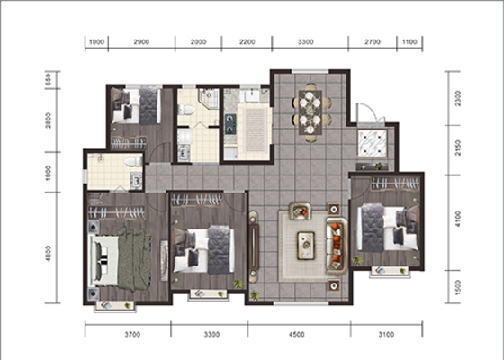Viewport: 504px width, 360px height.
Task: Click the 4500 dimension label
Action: (296, 335)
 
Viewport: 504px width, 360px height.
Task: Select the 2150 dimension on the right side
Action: (458, 148)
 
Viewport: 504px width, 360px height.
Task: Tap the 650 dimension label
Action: (49, 79)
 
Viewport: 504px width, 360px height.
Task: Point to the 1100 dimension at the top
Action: (409, 41)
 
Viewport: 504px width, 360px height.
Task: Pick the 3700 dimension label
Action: (132, 335)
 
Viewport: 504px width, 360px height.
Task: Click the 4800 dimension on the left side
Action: (49, 253)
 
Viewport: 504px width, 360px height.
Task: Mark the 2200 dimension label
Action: (247, 41)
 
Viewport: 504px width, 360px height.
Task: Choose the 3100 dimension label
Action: (386, 335)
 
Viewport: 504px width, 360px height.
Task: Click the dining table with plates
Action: (310, 112)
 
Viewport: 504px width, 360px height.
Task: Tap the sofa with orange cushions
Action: (337, 247)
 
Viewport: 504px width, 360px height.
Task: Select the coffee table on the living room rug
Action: (306, 246)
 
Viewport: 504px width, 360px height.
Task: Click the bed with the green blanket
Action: (121, 260)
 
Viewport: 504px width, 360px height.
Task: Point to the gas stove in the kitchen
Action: (229, 124)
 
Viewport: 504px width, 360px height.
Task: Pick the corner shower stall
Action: (209, 98)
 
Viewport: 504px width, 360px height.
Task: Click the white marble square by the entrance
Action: (373, 143)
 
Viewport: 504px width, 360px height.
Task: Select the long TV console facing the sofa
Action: (254, 247)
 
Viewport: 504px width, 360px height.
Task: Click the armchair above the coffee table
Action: (301, 211)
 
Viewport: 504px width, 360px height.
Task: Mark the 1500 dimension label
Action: (458, 288)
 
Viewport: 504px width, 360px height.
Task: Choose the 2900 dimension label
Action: (141, 41)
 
